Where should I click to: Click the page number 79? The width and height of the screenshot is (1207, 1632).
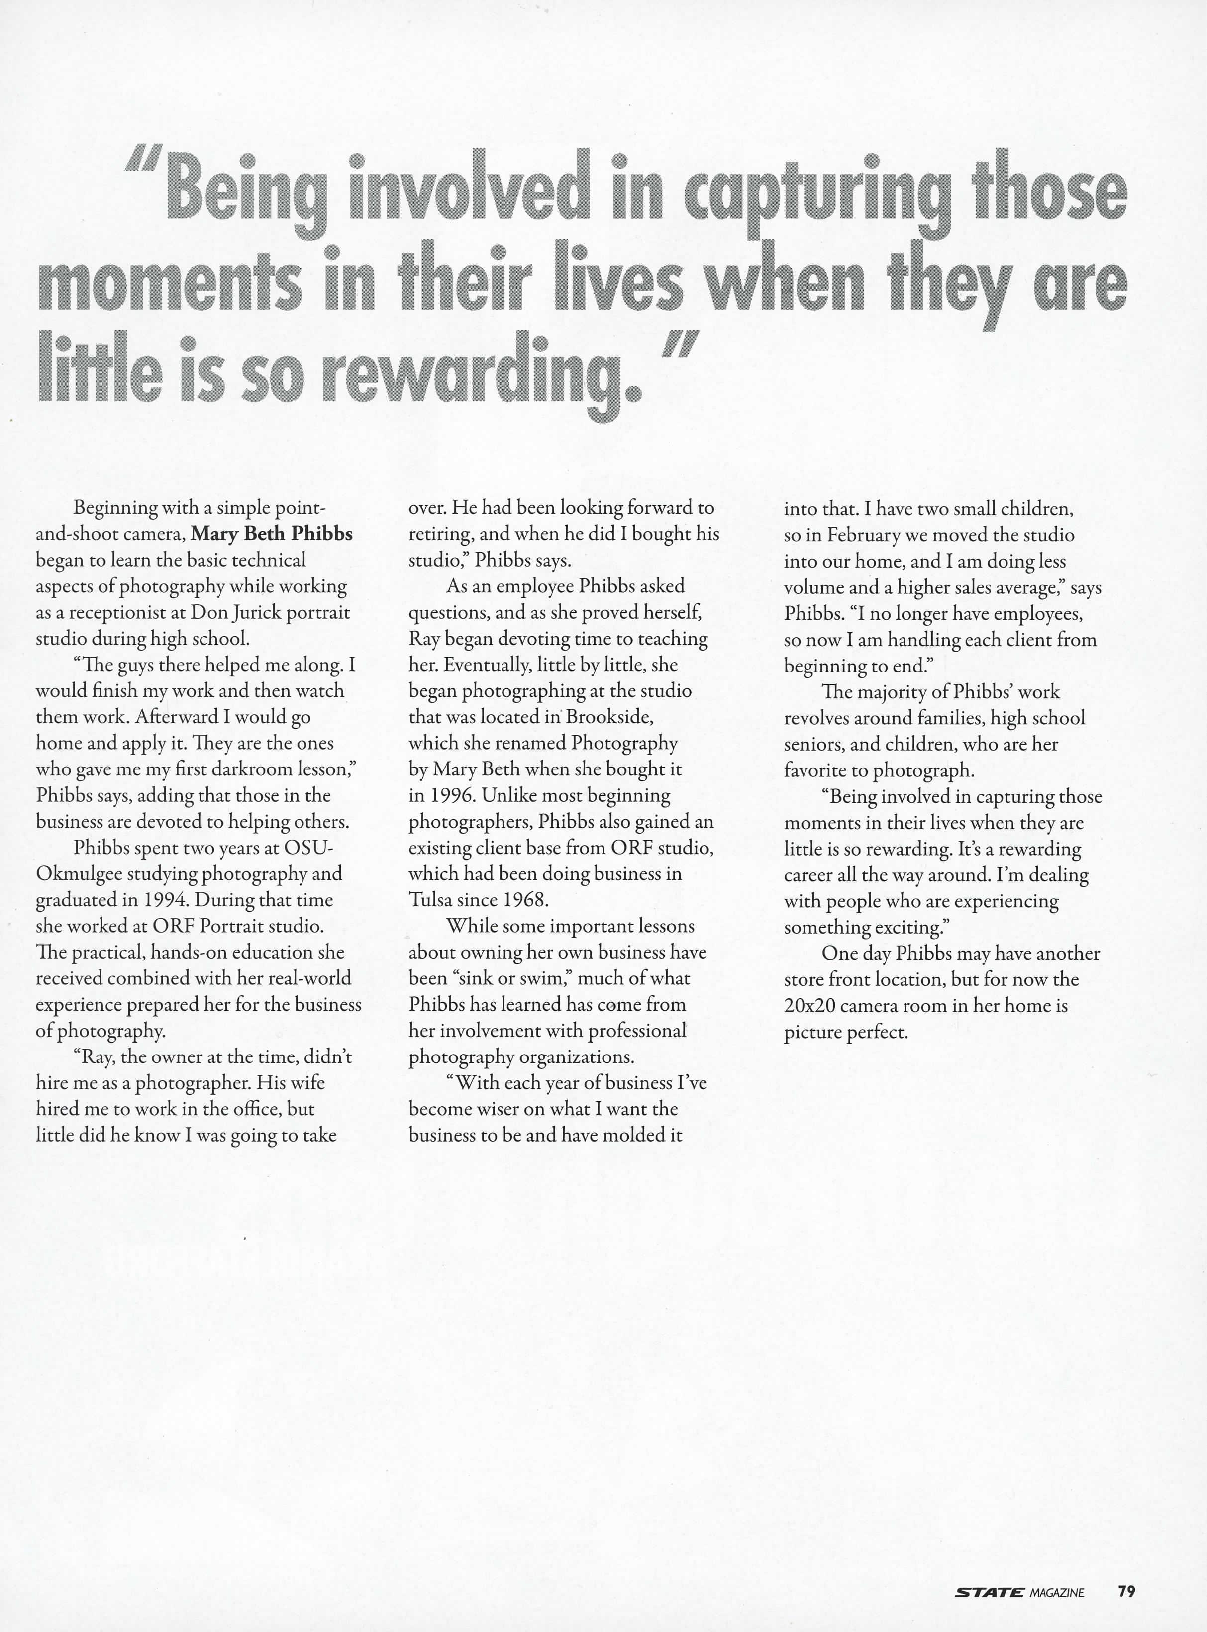point(1126,1565)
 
